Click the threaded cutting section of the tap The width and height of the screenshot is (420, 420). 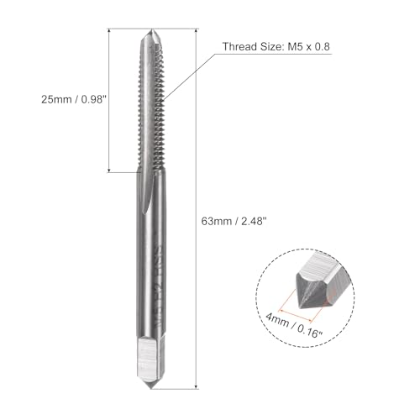click(x=153, y=109)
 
